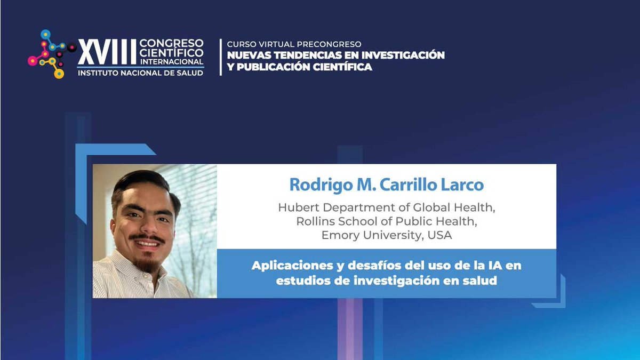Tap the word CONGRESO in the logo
click(171, 43)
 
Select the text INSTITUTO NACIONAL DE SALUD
click(140, 73)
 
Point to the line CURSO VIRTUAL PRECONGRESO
click(294, 44)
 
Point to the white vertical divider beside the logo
click(220, 57)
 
